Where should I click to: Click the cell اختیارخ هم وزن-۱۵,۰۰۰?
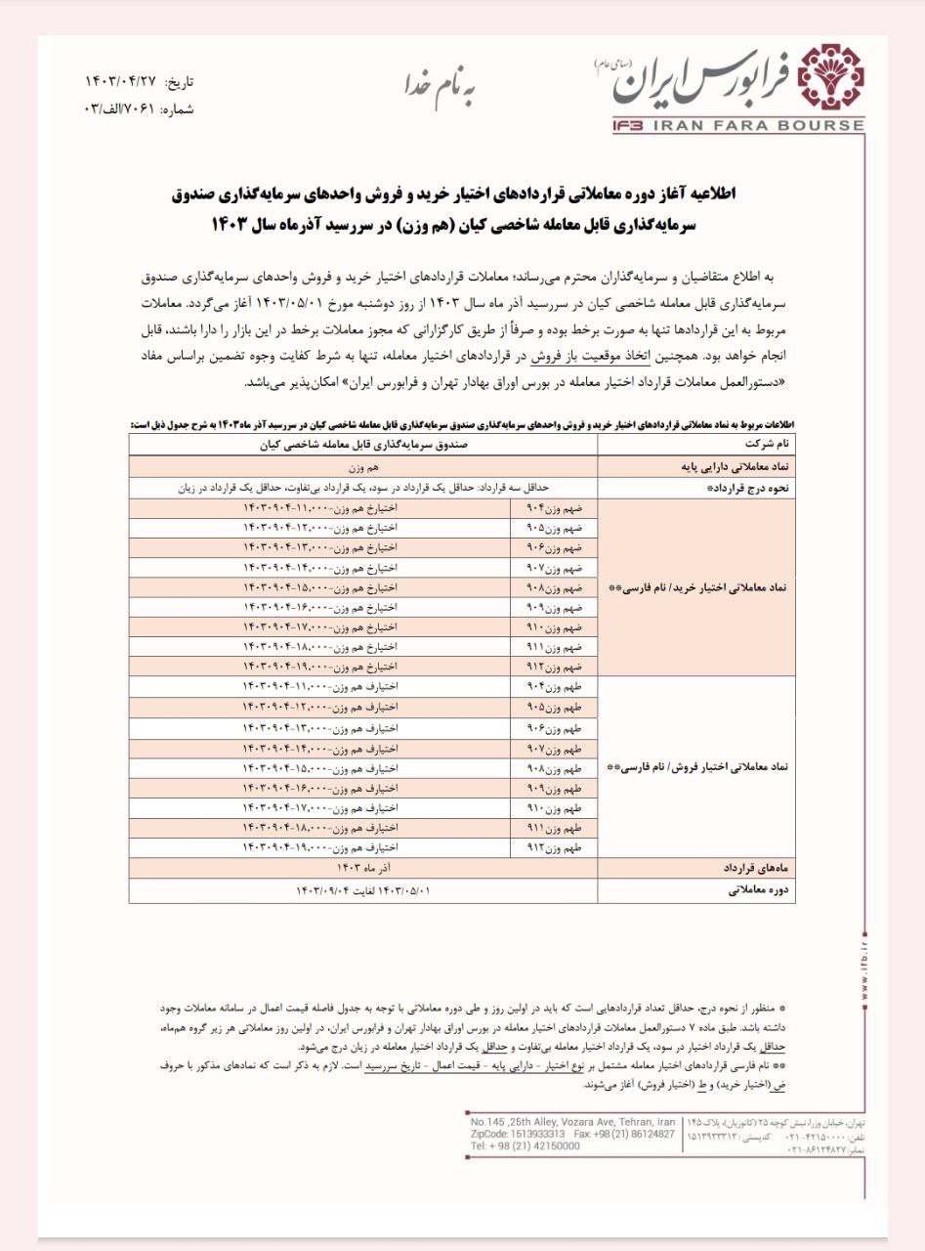pos(322,586)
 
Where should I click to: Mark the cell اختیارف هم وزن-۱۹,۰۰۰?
pos(322,846)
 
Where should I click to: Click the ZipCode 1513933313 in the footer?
pos(518,1134)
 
